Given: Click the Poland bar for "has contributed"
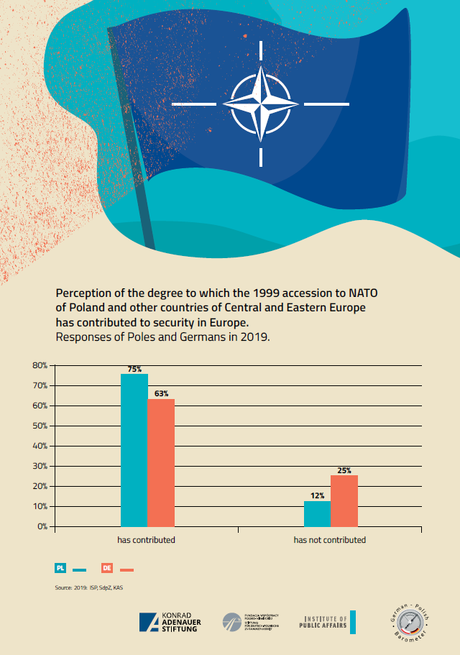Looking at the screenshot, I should click(x=134, y=450).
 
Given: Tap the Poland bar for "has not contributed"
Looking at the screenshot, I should click(x=317, y=513).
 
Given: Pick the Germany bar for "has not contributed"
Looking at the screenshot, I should click(x=344, y=500).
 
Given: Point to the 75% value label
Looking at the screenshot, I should click(x=134, y=369).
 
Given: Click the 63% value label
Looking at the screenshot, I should click(x=161, y=393).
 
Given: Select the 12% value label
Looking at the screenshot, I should click(x=318, y=495).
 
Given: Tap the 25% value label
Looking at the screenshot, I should click(x=344, y=470).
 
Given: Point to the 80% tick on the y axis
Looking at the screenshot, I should click(x=40, y=365).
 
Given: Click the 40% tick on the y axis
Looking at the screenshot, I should click(x=40, y=446).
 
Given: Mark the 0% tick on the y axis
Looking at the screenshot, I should click(x=42, y=526).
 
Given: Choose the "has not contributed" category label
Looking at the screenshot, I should click(x=329, y=539).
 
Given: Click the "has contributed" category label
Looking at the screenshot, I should click(x=147, y=539).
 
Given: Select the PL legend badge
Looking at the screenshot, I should click(x=61, y=568).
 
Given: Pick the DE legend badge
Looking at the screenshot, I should click(x=107, y=568).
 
